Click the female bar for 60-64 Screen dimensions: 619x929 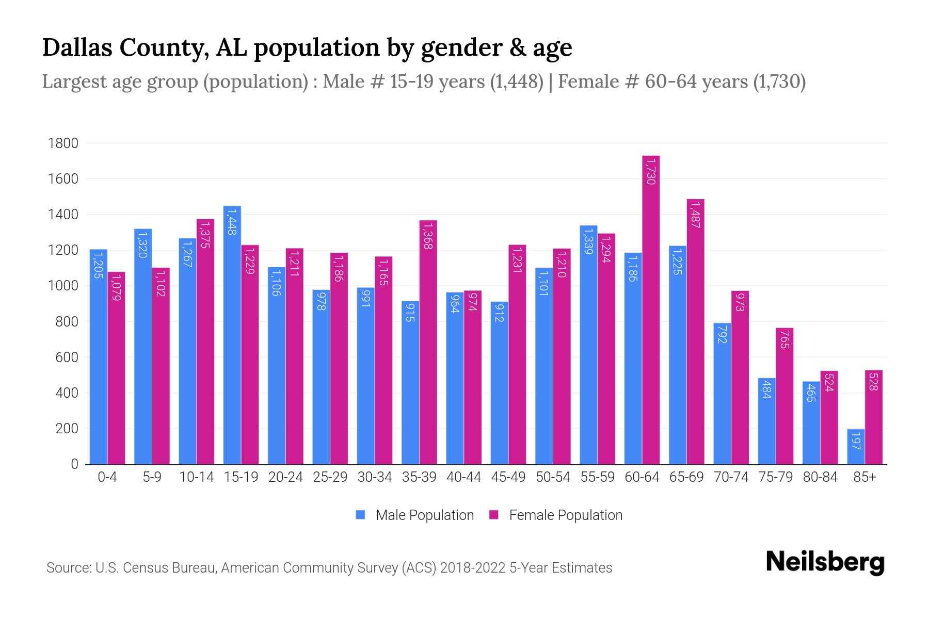tap(651, 309)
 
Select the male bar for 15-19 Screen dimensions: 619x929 tap(232, 335)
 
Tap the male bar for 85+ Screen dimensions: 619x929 tap(856, 447)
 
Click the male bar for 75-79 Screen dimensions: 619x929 tap(766, 421)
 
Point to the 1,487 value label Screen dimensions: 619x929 tap(695, 215)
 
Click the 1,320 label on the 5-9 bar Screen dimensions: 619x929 tap(143, 244)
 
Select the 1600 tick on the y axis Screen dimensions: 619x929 tap(63, 179)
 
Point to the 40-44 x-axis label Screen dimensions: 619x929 tap(463, 478)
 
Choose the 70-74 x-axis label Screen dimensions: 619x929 tap(731, 478)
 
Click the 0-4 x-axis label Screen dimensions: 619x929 tap(107, 478)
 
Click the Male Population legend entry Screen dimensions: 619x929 tap(424, 515)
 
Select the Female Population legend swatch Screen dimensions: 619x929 tap(494, 515)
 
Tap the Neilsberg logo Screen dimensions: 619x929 tap(825, 562)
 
